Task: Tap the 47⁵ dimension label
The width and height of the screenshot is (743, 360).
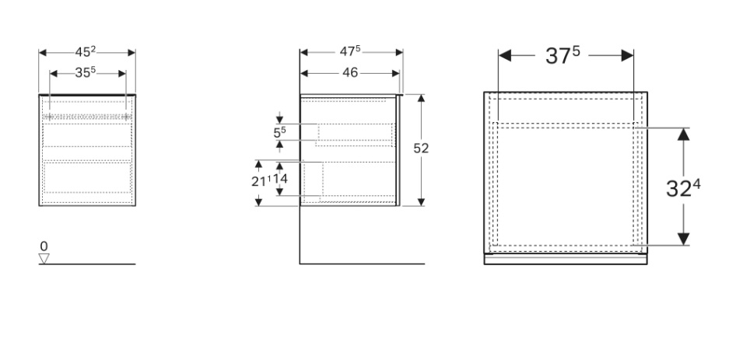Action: pyautogui.click(x=351, y=53)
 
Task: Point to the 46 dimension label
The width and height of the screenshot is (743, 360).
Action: pyautogui.click(x=349, y=73)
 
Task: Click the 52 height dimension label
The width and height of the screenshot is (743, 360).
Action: pyautogui.click(x=422, y=149)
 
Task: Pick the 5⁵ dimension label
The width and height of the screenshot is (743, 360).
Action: pyautogui.click(x=280, y=133)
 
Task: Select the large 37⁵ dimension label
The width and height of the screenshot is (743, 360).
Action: pyautogui.click(x=566, y=56)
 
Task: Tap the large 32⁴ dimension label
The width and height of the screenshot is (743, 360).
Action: pyautogui.click(x=684, y=187)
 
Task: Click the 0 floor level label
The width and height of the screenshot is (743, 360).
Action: pyautogui.click(x=44, y=246)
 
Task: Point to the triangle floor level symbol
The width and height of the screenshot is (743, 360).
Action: pyautogui.click(x=44, y=258)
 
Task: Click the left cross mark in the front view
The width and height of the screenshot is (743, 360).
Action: pyautogui.click(x=51, y=116)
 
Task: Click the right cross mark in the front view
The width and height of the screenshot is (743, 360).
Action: pyautogui.click(x=124, y=116)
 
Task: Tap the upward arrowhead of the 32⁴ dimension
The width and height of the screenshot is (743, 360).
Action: pyautogui.click(x=683, y=133)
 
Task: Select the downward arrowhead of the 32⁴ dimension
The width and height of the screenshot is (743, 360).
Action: pyautogui.click(x=683, y=239)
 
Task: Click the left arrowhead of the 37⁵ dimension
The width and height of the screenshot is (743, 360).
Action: pyautogui.click(x=504, y=56)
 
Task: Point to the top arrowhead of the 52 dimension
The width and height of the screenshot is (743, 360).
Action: pyautogui.click(x=421, y=99)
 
